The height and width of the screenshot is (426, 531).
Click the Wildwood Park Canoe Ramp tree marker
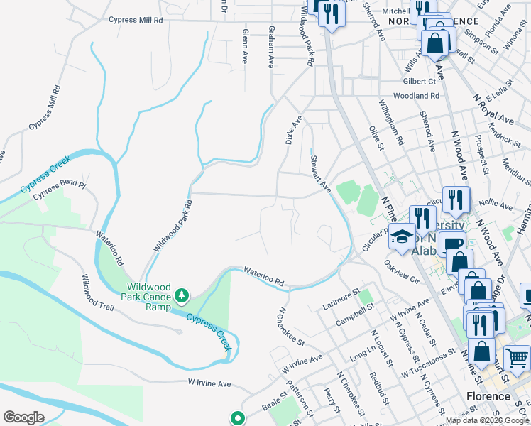(182, 293)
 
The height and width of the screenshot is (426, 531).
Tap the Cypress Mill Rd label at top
(136, 21)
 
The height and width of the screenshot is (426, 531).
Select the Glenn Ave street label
(245, 47)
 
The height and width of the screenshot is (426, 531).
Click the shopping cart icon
(517, 357)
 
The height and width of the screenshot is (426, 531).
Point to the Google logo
(23, 417)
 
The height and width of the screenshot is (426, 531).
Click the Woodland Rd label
(417, 95)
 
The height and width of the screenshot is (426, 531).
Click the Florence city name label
(488, 396)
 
